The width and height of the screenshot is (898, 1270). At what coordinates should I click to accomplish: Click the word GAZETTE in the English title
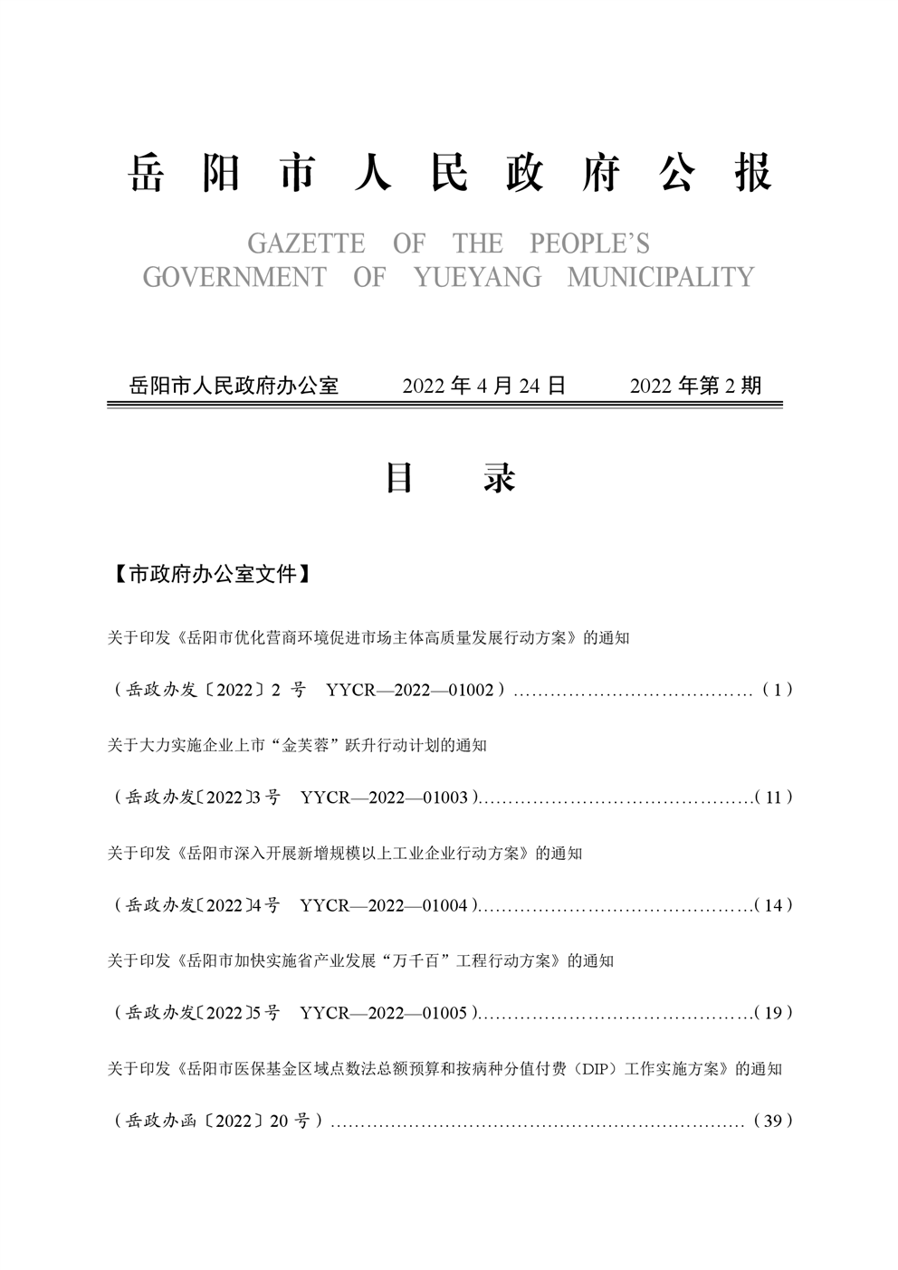(306, 243)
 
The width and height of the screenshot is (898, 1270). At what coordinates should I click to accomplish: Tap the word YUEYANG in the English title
(477, 277)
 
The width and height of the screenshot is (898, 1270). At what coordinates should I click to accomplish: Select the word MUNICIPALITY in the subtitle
(661, 277)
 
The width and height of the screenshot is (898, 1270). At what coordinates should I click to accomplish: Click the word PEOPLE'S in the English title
(589, 243)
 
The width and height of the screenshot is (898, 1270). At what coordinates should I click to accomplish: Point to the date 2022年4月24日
(484, 386)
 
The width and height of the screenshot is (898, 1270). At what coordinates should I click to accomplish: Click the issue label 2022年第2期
(696, 386)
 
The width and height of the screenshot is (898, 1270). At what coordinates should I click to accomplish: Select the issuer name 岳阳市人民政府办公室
(234, 386)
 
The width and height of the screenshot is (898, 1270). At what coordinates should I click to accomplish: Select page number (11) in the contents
(774, 797)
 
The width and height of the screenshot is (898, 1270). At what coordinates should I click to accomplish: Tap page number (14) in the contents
(774, 905)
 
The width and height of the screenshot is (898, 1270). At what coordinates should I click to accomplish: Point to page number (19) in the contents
(774, 1013)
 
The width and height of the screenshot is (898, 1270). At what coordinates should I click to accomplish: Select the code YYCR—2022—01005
(384, 1013)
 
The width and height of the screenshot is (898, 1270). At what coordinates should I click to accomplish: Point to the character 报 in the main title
(753, 172)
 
